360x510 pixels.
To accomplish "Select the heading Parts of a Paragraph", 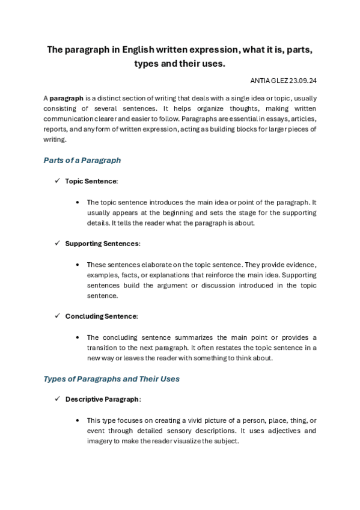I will (x=82, y=161).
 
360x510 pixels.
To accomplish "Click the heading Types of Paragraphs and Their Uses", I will (x=112, y=379).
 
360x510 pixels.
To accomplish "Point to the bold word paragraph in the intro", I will (x=66, y=97).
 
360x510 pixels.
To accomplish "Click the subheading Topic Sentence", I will (x=91, y=180).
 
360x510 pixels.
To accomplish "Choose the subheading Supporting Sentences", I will (x=102, y=244).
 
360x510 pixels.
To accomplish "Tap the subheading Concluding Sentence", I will (x=101, y=316).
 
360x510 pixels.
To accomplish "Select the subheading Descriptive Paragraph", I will (x=103, y=399).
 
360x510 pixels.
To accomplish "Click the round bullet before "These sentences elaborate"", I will (x=78, y=265).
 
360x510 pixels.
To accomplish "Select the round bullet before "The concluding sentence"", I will (x=78, y=337).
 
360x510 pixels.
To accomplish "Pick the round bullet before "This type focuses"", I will (x=78, y=420).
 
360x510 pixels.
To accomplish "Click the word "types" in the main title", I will (x=148, y=63).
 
